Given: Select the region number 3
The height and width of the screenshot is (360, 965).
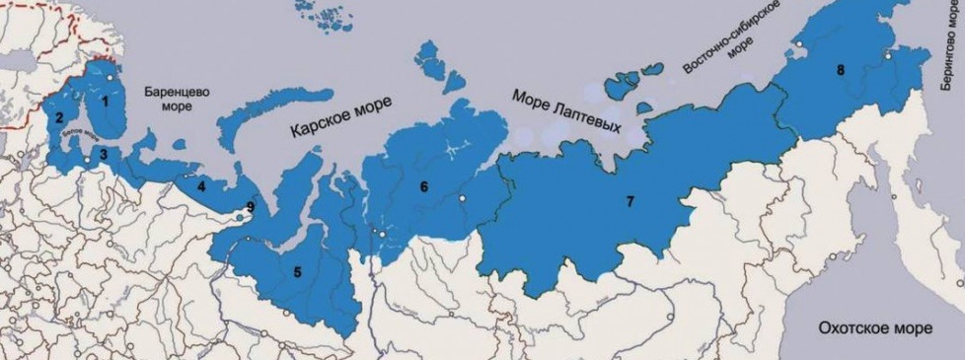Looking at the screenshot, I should click(x=103, y=154).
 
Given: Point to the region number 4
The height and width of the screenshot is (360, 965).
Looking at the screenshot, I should click(x=201, y=184).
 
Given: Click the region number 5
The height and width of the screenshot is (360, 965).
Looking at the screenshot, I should click(x=297, y=271).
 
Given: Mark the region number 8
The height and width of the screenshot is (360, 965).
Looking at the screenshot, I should click(x=840, y=70).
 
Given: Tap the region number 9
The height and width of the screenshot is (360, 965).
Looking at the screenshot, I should click(x=251, y=206).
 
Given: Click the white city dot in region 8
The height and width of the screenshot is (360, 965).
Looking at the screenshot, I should click(x=888, y=57).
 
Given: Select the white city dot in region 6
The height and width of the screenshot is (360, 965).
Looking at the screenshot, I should click(x=461, y=198).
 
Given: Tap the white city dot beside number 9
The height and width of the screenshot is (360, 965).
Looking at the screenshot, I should click(x=237, y=209).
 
